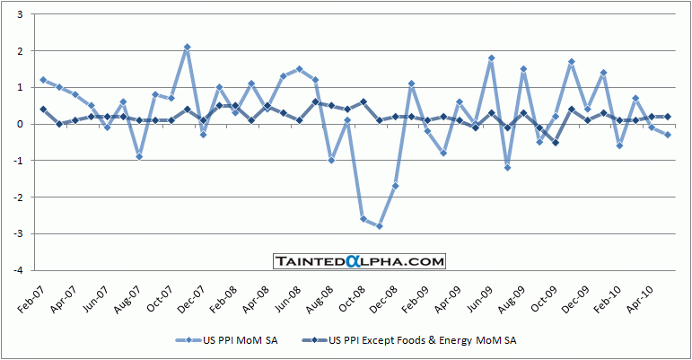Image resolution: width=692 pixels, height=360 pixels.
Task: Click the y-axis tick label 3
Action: [22, 14]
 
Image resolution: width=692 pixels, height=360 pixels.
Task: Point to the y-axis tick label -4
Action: [20, 269]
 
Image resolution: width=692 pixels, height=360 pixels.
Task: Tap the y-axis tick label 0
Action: [22, 124]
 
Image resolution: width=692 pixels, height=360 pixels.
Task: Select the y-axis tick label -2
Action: [20, 197]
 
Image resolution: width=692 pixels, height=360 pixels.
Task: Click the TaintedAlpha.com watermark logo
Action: [359, 261]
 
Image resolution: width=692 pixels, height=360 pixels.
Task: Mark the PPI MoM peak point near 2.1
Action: [187, 47]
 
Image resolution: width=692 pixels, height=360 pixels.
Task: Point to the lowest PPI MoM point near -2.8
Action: [379, 226]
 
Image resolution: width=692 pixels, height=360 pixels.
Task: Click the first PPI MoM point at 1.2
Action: [43, 80]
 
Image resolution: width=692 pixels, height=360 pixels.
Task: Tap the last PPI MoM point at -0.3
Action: [667, 135]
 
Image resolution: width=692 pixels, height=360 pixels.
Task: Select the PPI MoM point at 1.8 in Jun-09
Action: [491, 58]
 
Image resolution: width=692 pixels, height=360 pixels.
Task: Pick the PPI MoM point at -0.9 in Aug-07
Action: [139, 156]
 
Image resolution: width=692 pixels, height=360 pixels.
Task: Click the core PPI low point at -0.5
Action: [555, 142]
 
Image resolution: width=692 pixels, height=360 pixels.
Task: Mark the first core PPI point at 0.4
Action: [43, 110]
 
